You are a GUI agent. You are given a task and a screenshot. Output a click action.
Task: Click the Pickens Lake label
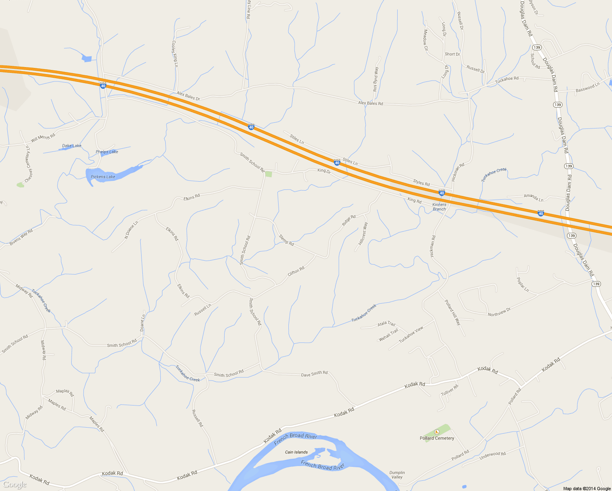103,177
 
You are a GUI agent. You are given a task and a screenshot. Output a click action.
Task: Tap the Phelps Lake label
107,152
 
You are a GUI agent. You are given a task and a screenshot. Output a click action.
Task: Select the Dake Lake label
72,146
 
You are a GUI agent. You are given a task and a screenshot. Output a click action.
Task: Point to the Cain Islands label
296,452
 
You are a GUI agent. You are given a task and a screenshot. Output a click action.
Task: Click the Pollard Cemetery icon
437,432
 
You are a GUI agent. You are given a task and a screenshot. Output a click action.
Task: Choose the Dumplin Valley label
397,475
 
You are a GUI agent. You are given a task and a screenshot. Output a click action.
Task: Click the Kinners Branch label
439,207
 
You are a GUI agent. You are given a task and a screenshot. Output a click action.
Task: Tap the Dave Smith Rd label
314,374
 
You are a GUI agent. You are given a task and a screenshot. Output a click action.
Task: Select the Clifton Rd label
296,271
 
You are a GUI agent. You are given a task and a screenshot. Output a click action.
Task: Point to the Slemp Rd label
286,240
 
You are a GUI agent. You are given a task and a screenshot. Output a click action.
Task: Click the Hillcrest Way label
363,234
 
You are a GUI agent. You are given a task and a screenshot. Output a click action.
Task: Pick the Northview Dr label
499,312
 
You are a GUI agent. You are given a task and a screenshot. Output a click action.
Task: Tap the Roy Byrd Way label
376,79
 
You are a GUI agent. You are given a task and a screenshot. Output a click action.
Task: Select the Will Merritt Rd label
43,138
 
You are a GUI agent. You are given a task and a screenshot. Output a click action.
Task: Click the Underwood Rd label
493,455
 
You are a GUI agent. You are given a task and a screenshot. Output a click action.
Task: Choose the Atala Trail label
386,324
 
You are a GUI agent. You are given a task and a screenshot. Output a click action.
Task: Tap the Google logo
14,484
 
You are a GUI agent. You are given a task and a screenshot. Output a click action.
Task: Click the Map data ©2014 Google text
587,489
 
